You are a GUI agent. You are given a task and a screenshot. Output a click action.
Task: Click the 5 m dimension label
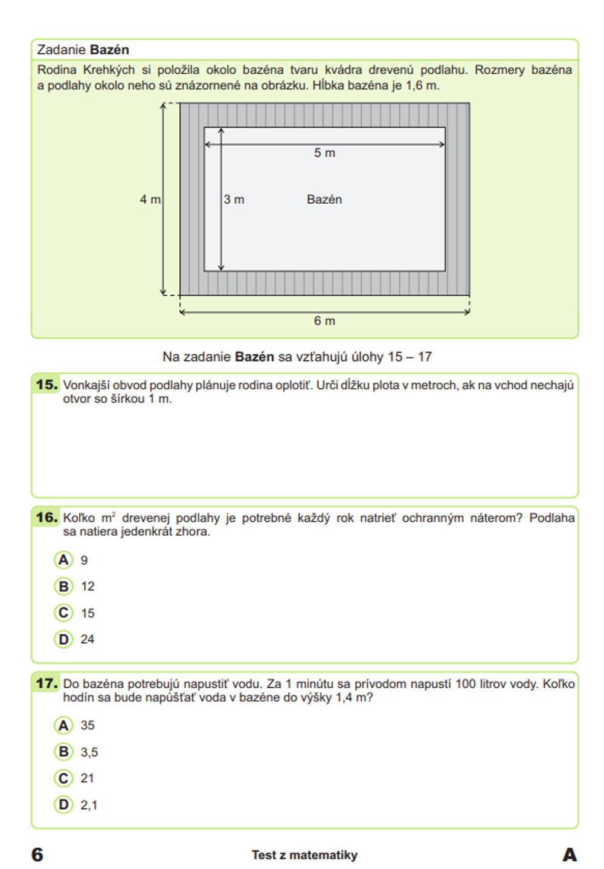pyautogui.click(x=324, y=153)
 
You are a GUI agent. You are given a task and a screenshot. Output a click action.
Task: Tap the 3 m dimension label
pyautogui.click(x=234, y=200)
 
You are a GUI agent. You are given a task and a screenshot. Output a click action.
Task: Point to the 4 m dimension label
pyautogui.click(x=150, y=200)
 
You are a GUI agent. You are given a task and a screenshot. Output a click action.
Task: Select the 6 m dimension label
pyautogui.click(x=324, y=321)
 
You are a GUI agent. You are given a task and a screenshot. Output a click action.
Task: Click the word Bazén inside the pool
pyautogui.click(x=324, y=200)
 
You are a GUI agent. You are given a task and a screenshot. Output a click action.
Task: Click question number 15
pyautogui.click(x=47, y=385)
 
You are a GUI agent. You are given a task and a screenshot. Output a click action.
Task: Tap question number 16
pyautogui.click(x=47, y=518)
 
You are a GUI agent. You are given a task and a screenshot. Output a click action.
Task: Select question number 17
pyautogui.click(x=47, y=683)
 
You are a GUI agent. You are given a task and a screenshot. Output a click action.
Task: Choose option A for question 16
pyautogui.click(x=63, y=560)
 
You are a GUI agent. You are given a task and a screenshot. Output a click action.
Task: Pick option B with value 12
pyautogui.click(x=63, y=587)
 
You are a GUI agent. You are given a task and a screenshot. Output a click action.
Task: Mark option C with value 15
pyautogui.click(x=63, y=613)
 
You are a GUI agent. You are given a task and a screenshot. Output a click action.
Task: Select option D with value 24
pyautogui.click(x=63, y=639)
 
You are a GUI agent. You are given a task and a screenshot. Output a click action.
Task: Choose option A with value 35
pyautogui.click(x=63, y=725)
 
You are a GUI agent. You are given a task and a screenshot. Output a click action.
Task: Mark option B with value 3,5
pyautogui.click(x=63, y=752)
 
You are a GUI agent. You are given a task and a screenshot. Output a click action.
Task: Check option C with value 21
pyautogui.click(x=63, y=778)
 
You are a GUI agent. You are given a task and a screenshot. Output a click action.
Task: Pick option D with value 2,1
pyautogui.click(x=63, y=805)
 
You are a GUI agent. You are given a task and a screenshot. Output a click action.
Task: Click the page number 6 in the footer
pyautogui.click(x=37, y=854)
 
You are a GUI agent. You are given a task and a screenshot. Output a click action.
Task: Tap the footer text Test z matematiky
pyautogui.click(x=304, y=855)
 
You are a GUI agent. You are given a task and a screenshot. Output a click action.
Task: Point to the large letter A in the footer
pyautogui.click(x=569, y=854)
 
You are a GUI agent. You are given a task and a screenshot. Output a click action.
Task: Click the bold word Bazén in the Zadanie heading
pyautogui.click(x=109, y=50)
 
